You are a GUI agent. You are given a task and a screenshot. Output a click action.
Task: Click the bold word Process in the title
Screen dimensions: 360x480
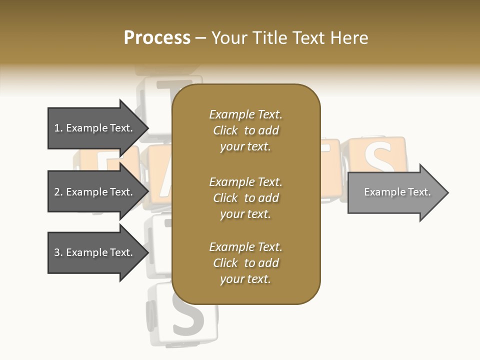point(157,38)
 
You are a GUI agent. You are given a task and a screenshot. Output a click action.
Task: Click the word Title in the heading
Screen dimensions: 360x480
point(271,38)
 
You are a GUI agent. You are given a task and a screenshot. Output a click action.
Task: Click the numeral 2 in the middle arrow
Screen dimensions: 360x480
point(57,192)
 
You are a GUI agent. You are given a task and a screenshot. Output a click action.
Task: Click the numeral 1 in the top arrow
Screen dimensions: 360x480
point(57,128)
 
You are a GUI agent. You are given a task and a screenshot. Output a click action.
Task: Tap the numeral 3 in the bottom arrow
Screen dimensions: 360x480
point(57,252)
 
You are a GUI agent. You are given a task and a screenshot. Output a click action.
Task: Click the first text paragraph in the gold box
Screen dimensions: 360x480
point(245,130)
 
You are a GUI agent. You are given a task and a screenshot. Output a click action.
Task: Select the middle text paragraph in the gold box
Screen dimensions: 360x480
point(245,198)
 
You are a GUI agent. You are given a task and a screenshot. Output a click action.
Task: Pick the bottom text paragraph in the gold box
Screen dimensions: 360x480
point(245,263)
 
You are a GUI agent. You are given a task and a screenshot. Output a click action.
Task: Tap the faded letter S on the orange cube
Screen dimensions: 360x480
point(378,157)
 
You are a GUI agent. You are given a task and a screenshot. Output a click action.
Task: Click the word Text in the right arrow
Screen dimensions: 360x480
point(419,192)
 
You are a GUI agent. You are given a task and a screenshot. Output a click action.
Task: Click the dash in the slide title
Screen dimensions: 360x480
point(200,38)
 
